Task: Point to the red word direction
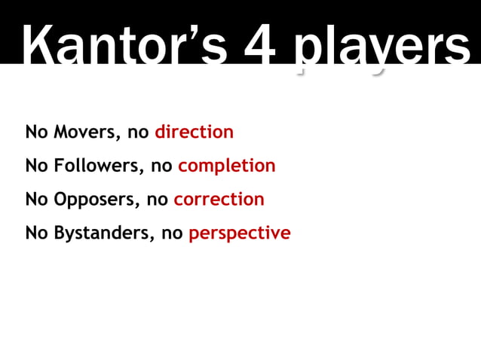194,133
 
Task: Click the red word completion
226,166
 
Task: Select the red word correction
219,200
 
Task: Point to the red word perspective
239,233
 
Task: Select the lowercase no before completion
161,166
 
